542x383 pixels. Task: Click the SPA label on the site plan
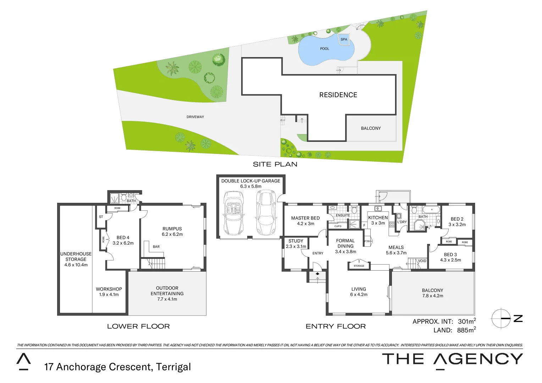(x=344, y=39)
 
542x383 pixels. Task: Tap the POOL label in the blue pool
(x=325, y=49)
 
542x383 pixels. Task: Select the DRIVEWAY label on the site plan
(x=195, y=117)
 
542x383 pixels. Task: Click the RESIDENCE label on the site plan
(x=338, y=95)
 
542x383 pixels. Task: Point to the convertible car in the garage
(x=234, y=213)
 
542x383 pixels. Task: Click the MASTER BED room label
(x=305, y=218)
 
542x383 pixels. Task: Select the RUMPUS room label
(x=172, y=229)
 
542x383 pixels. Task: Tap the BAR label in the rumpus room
(x=156, y=246)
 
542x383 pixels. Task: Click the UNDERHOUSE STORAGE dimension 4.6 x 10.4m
(x=76, y=265)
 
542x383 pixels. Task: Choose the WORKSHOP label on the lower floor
(x=109, y=289)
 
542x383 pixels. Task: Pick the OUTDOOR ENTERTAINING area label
(x=167, y=291)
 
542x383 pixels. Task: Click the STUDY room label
(x=296, y=241)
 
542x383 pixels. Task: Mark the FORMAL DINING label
(x=345, y=243)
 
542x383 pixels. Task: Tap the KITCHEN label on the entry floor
(x=378, y=218)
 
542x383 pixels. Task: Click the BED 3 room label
(x=450, y=255)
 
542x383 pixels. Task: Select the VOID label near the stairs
(x=422, y=261)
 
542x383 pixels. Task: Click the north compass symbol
(x=501, y=318)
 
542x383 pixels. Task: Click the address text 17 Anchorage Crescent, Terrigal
(x=117, y=367)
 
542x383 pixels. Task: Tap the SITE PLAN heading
(x=275, y=164)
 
